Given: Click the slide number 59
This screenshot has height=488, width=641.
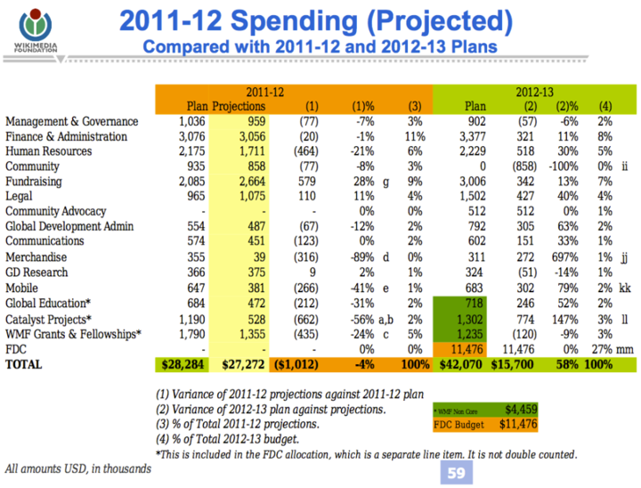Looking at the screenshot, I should point(454,474).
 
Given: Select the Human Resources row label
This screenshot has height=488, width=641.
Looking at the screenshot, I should point(48,151).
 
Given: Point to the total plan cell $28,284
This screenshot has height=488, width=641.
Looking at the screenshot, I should point(185,365).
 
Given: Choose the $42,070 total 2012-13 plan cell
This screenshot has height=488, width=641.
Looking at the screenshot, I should point(464,365).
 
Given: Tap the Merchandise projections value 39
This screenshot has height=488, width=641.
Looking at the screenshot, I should point(258,257).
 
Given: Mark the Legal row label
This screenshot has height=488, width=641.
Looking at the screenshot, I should point(20,197).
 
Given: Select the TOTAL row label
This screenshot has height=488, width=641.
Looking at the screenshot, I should point(26,365).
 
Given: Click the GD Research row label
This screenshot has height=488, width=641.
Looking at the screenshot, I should point(35,272).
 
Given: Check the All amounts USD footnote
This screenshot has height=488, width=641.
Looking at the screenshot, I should point(77,468).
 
